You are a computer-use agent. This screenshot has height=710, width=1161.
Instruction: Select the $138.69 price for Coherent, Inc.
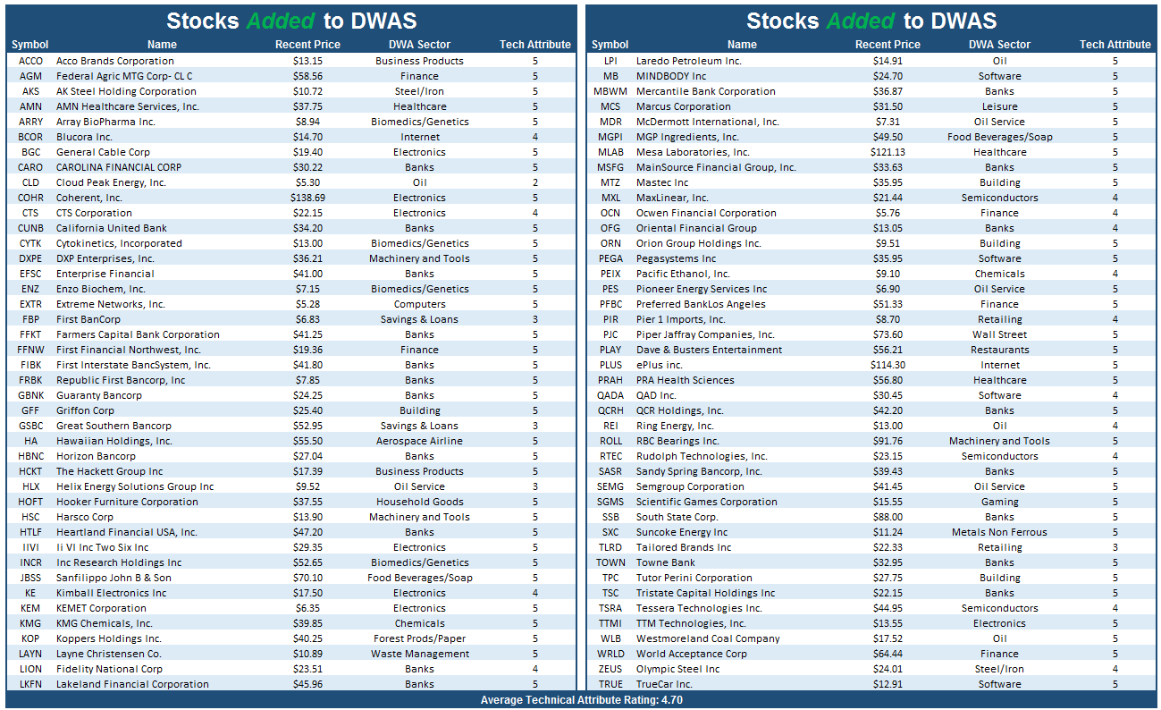[307, 198]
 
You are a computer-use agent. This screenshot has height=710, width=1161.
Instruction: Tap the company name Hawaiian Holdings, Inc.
[114, 441]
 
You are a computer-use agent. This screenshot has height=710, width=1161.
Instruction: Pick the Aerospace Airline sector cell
[419, 441]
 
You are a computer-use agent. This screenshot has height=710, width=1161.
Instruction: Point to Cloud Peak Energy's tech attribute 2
[535, 182]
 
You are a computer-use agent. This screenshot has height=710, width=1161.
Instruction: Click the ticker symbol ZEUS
[610, 669]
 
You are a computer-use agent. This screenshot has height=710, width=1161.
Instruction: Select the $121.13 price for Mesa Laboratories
[888, 152]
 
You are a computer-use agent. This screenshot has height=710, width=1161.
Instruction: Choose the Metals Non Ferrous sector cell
[999, 532]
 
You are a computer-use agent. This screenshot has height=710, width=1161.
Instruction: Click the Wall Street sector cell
[999, 334]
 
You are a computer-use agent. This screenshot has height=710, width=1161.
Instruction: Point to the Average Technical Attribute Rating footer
[581, 700]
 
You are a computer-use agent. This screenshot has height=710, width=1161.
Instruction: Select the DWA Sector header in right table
[999, 45]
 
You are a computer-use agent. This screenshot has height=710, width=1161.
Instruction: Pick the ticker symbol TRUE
[610, 684]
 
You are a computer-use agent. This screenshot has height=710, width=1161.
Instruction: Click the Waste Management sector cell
[419, 654]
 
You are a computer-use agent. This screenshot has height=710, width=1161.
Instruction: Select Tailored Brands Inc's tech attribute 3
[1115, 547]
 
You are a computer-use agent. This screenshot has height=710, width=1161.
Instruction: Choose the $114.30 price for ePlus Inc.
[888, 365]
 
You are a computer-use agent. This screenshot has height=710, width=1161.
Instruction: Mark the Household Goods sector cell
[419, 502]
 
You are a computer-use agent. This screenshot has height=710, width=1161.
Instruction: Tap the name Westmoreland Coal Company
[708, 638]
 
